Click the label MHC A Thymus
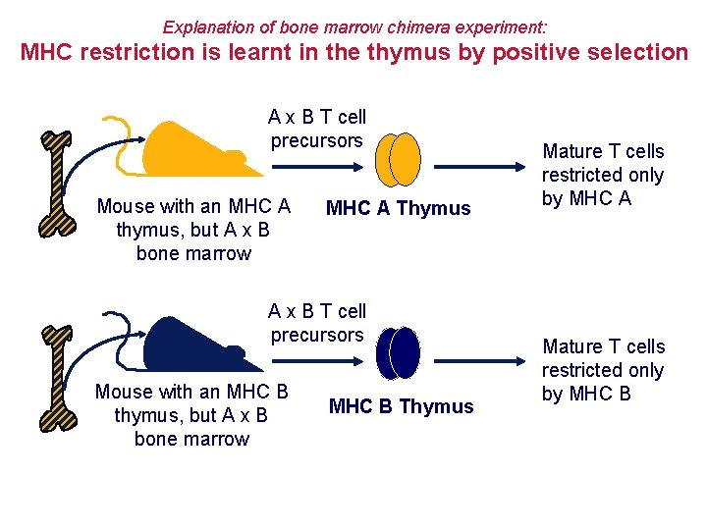(x=398, y=208)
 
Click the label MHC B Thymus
(x=401, y=406)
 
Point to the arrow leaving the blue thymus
(x=481, y=351)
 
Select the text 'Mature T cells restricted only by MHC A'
(x=603, y=175)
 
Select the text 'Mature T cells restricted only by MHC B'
(x=603, y=370)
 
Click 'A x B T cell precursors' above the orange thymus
(x=316, y=129)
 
